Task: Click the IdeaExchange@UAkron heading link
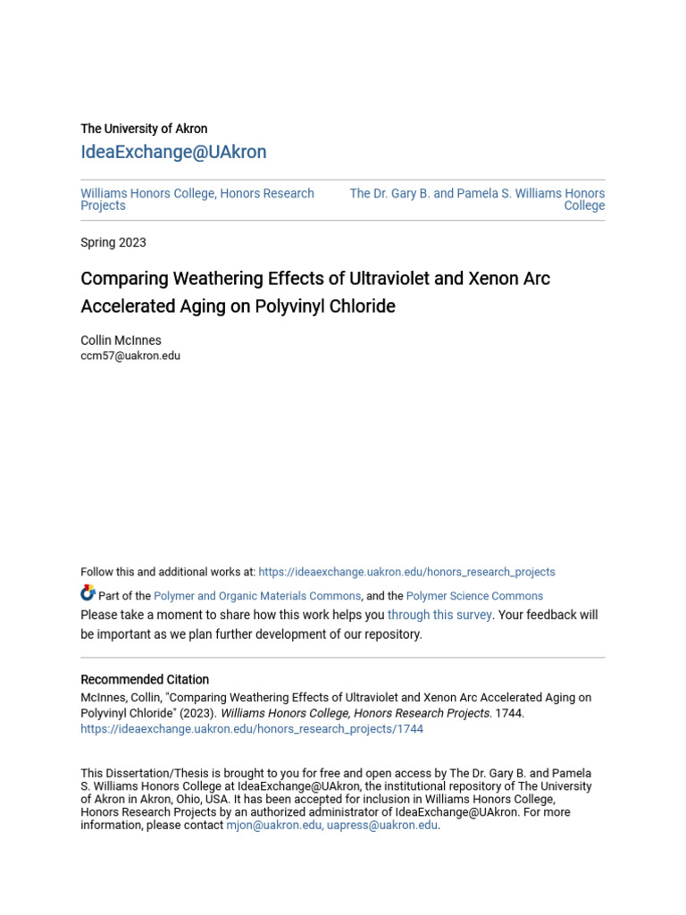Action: click(173, 152)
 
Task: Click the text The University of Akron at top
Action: click(144, 129)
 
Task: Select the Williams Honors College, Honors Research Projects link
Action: click(197, 199)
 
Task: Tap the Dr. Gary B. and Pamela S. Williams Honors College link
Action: click(477, 198)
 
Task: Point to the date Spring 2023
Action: click(113, 242)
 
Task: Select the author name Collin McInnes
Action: click(121, 340)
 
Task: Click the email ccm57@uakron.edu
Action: click(130, 356)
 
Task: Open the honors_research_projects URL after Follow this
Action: click(406, 572)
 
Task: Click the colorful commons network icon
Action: click(88, 593)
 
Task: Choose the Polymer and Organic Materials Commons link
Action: click(257, 596)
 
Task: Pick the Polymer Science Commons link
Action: click(474, 596)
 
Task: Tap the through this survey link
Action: click(439, 615)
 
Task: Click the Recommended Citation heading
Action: click(145, 679)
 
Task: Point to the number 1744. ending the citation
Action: click(510, 713)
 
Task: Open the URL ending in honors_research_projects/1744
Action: click(252, 729)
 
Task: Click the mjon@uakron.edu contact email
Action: click(274, 826)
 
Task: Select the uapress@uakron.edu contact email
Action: click(382, 826)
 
